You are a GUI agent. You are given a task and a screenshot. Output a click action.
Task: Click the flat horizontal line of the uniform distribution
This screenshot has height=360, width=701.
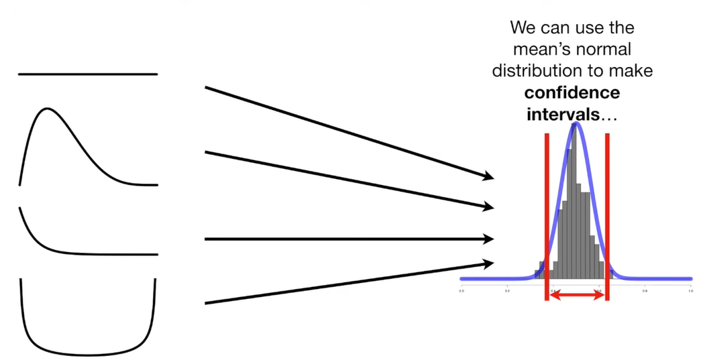point(87,74)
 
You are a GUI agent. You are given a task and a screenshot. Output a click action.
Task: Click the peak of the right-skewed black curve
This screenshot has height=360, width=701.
point(46,109)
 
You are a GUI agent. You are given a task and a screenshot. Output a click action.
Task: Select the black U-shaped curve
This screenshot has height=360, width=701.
point(87,353)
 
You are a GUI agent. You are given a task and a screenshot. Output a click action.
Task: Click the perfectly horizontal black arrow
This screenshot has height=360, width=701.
point(349,239)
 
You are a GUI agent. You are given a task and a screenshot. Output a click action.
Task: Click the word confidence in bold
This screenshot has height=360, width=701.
point(572,92)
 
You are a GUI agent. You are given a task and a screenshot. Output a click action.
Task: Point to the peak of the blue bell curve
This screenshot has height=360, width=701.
point(575,124)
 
